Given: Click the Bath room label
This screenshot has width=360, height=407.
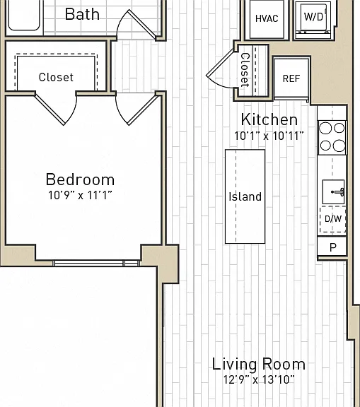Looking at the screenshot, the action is (x=82, y=14).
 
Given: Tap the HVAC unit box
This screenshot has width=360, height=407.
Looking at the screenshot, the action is (x=267, y=19).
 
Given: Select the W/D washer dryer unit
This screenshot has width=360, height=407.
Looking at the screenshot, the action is (x=314, y=18).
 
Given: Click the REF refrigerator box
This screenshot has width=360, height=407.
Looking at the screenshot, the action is (x=291, y=78).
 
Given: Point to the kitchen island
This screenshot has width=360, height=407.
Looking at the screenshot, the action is (x=245, y=196).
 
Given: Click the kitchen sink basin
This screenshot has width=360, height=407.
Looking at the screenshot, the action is (x=333, y=191).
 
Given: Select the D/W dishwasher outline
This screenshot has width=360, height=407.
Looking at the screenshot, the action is (x=332, y=219).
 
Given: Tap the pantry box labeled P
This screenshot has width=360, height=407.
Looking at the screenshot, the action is (x=332, y=247).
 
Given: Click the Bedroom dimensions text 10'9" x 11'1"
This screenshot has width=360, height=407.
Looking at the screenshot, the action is (x=80, y=195).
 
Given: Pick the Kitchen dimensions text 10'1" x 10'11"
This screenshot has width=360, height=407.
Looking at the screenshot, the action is (x=269, y=136).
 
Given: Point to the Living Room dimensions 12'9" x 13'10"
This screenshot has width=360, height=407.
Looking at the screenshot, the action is (x=259, y=379).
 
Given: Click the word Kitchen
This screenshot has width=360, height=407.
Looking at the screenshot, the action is (x=269, y=119).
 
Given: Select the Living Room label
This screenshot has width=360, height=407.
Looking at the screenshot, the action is (x=258, y=364).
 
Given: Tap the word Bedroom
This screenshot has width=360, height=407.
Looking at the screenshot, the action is (x=80, y=179).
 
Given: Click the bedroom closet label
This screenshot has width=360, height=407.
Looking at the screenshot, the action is (x=56, y=77).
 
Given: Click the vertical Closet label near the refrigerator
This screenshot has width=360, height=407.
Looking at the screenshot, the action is (x=245, y=70).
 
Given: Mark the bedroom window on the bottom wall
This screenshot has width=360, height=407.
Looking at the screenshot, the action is (x=97, y=263).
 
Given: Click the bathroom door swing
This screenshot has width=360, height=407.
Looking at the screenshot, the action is (x=138, y=25).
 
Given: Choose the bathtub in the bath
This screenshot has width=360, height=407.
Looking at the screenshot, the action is (x=24, y=16).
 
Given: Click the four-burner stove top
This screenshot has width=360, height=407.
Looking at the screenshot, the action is (x=332, y=137).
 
